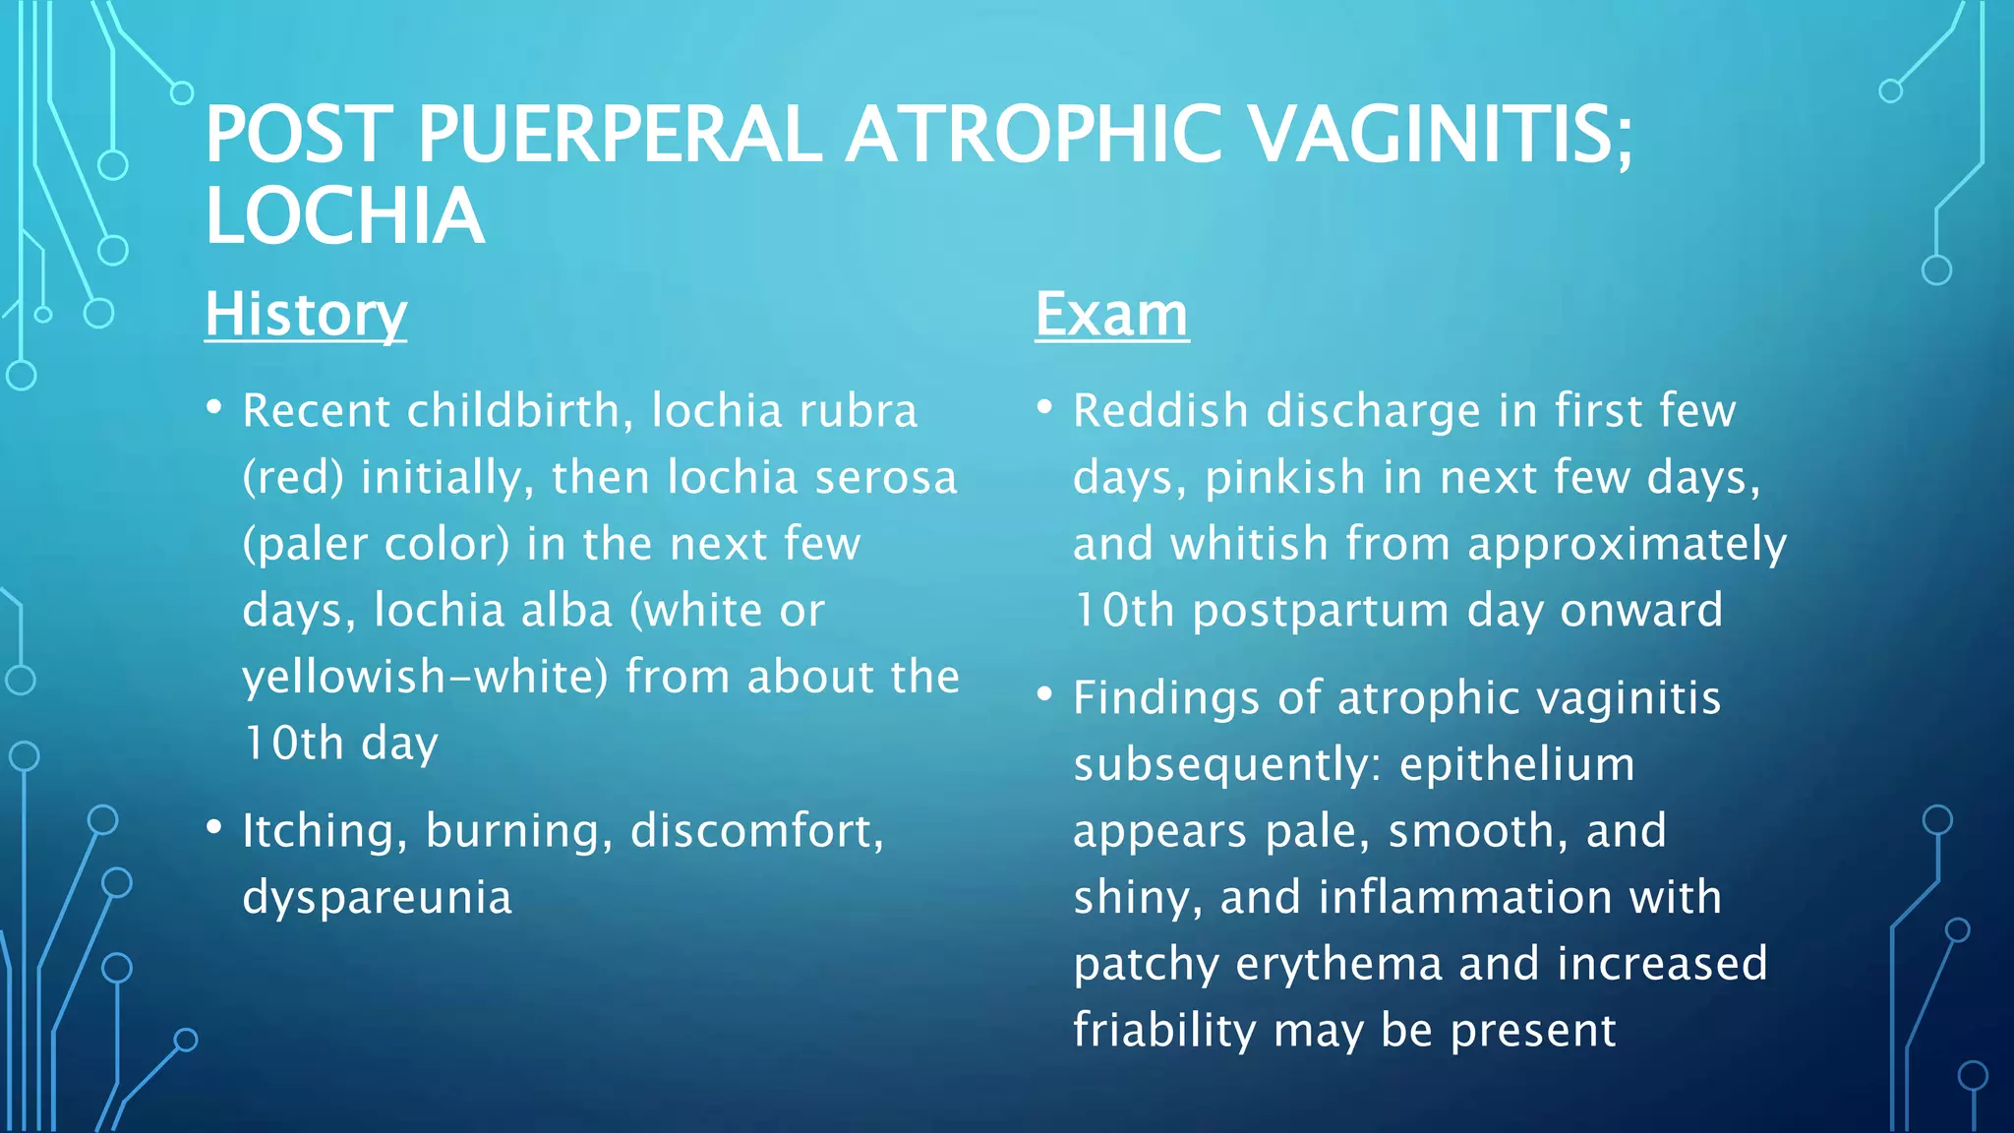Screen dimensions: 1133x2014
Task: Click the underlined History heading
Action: (306, 315)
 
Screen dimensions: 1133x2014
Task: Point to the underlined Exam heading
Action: (1111, 315)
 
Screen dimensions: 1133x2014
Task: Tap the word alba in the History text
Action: (566, 611)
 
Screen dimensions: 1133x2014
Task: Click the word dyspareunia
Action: (378, 898)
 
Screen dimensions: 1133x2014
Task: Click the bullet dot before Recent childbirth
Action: (214, 407)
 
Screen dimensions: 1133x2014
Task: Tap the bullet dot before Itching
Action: (214, 827)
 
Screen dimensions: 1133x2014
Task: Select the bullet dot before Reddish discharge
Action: (1044, 407)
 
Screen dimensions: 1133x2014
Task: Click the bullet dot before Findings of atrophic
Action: (1044, 694)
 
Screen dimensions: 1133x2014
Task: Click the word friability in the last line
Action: (1164, 1031)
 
